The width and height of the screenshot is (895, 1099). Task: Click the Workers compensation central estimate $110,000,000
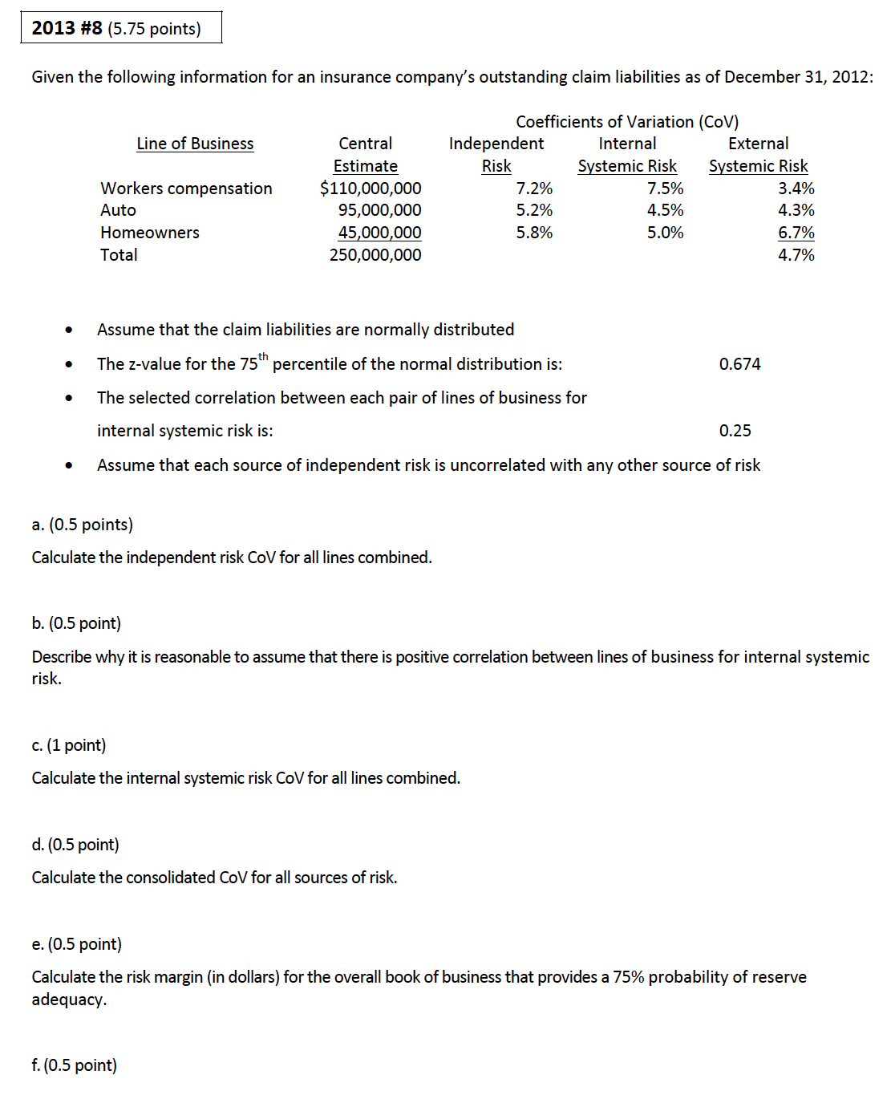tap(371, 189)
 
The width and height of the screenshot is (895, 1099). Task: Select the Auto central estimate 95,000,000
tap(379, 210)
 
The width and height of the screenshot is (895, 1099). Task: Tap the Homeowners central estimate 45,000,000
tap(379, 233)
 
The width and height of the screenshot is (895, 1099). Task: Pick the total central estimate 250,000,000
tap(375, 255)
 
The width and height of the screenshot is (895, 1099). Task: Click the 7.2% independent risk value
tap(534, 189)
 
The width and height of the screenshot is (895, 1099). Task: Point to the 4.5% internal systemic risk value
tap(666, 210)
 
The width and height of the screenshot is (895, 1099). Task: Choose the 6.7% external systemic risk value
tap(796, 233)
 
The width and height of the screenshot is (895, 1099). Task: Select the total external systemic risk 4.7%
tap(796, 255)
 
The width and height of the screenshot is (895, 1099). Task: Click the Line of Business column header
tap(195, 144)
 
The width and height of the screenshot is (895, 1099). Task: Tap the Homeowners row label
tap(150, 233)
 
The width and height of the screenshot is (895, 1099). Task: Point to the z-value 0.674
tap(739, 364)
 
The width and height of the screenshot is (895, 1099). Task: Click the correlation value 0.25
tap(735, 431)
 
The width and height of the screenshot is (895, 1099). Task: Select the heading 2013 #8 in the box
tap(67, 28)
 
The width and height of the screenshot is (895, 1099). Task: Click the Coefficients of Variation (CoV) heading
tap(627, 122)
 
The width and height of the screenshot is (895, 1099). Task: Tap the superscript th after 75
tap(263, 357)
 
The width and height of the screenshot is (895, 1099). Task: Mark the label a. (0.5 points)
tap(83, 525)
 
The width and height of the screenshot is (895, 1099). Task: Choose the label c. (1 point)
tap(69, 745)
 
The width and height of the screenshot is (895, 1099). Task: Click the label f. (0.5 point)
tap(75, 1065)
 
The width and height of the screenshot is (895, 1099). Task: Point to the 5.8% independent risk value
tap(534, 233)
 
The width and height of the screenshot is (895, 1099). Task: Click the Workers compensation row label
tap(186, 189)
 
